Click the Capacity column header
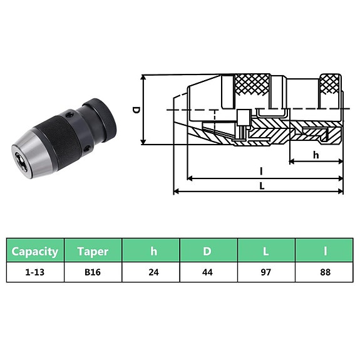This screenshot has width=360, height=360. (x=35, y=252)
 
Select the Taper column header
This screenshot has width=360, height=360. (x=93, y=252)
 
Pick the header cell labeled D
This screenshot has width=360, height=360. (x=207, y=252)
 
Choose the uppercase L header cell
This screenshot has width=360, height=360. (x=265, y=252)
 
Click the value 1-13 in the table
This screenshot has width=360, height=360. (x=35, y=272)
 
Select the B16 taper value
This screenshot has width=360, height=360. (x=93, y=272)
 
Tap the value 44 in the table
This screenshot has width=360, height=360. (x=207, y=272)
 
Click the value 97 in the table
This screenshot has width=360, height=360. (x=265, y=272)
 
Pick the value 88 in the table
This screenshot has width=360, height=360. (x=324, y=272)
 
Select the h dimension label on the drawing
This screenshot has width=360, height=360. (x=316, y=155)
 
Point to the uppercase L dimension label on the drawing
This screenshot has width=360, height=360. (x=261, y=186)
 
